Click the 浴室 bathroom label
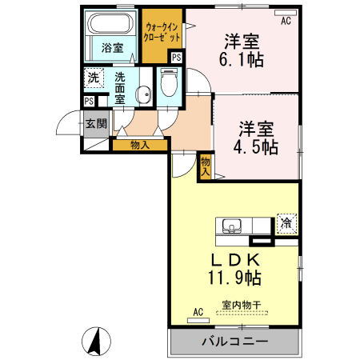coord(112,48)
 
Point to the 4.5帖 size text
coord(257,147)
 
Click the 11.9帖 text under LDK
coord(235,278)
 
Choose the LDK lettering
coord(235,259)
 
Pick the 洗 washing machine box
coord(94,78)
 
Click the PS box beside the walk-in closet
coord(176,58)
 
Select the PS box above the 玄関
coord(90,101)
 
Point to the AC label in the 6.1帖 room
coord(286,21)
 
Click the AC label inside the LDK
coord(198,312)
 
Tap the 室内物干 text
coord(242,305)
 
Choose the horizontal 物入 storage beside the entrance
coord(139,145)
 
